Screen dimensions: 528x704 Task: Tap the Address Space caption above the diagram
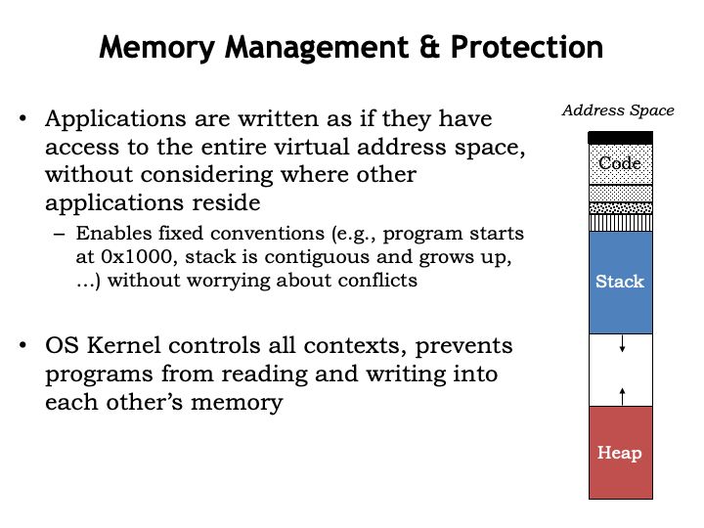pyautogui.click(x=618, y=110)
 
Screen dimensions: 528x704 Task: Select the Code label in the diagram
pyautogui.click(x=620, y=163)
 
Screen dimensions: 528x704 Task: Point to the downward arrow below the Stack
pyautogui.click(x=622, y=346)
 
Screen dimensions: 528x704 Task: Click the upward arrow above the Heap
pyautogui.click(x=622, y=394)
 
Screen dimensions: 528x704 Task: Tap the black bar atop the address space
pyautogui.click(x=620, y=138)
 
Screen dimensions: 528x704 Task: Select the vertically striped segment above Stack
pyautogui.click(x=620, y=222)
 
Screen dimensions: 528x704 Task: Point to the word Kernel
pyautogui.click(x=120, y=345)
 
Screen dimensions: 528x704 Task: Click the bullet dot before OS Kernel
pyautogui.click(x=22, y=346)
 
